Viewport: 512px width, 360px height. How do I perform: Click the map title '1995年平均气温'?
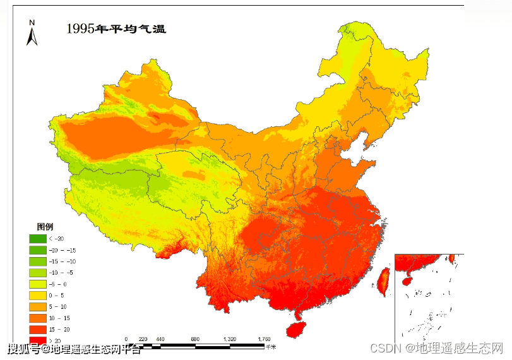(116, 29)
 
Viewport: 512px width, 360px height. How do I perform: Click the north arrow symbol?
(32, 34)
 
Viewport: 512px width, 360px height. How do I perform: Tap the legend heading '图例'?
(45, 226)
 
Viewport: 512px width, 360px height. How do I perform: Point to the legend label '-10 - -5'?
(62, 273)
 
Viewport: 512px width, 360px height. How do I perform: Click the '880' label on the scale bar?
(195, 340)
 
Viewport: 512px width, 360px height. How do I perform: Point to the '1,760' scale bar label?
(264, 340)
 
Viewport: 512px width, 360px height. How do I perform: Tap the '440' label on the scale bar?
(160, 340)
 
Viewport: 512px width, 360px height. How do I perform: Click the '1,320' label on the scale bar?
(229, 340)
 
